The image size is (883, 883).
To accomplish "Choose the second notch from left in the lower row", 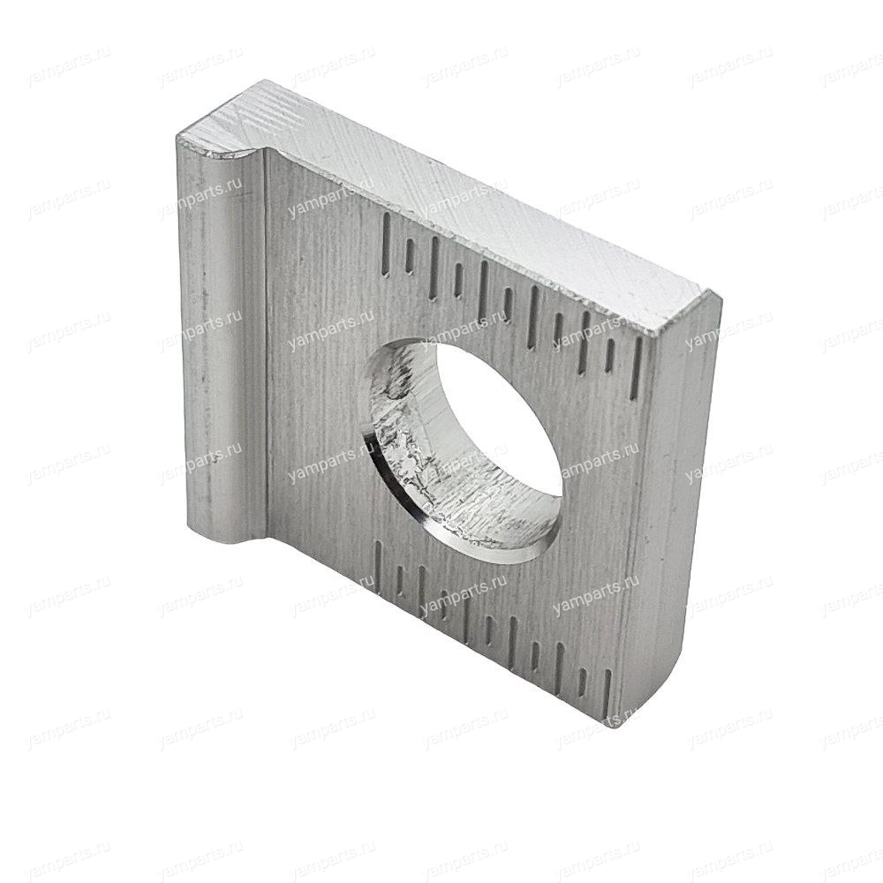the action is click(x=398, y=579).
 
